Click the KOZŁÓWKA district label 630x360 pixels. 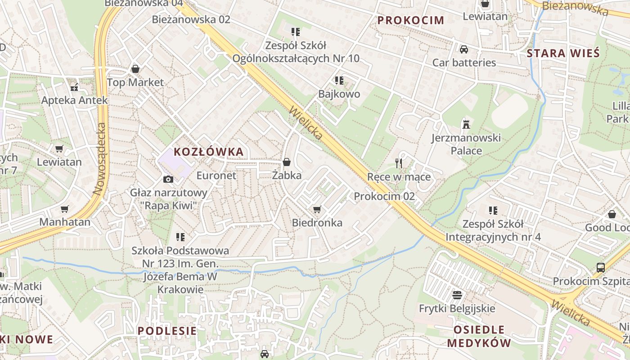pos(209,152)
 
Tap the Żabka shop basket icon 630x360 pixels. pos(287,162)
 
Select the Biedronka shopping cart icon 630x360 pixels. pos(317,209)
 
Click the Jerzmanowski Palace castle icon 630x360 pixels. pos(466,125)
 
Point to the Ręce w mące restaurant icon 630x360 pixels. pos(398,163)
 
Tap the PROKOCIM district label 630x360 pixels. pos(411,20)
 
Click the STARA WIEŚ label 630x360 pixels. pos(563,53)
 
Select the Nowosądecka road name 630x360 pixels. pos(100,159)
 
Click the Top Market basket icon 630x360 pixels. pos(135,69)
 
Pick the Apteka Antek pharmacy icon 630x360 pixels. pos(74,87)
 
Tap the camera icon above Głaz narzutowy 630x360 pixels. pos(168,179)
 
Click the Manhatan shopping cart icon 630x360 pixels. pos(65,209)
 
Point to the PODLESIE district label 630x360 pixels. pos(167,331)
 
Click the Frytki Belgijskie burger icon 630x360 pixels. pos(457,295)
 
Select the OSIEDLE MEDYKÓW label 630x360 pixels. pos(479,336)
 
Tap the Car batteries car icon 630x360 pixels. pos(464,49)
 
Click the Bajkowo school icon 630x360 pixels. pos(339,81)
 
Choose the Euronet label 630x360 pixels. pos(216,175)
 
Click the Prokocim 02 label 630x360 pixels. pos(384,196)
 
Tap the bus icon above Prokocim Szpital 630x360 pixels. pos(600,268)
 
